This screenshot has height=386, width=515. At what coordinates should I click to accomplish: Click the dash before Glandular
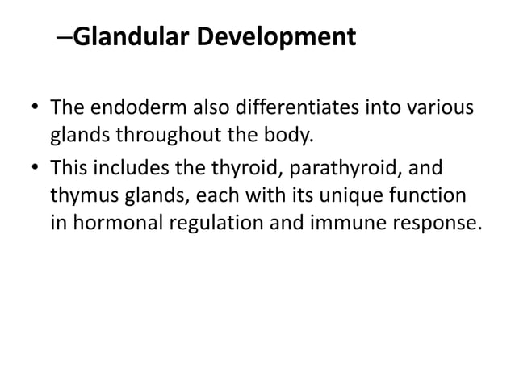click(x=66, y=37)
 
